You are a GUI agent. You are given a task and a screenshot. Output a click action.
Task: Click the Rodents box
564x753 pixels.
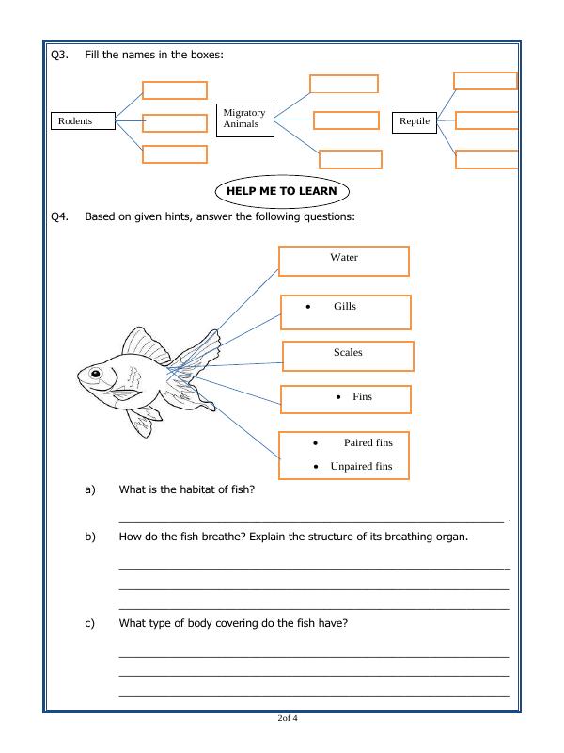83,120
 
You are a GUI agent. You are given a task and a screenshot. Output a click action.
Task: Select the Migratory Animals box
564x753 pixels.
244,119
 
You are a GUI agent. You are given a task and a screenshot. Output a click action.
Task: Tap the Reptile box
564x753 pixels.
415,121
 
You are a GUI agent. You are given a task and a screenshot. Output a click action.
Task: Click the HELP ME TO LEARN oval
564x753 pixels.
282,191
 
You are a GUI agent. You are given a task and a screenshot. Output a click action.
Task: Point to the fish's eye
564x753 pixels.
95,375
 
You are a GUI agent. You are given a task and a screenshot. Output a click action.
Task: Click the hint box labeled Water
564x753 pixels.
343,261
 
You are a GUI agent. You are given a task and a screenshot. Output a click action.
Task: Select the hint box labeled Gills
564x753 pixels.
345,312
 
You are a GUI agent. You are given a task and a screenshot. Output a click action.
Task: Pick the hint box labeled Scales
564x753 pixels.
348,355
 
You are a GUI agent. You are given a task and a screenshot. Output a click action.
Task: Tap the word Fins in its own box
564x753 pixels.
362,397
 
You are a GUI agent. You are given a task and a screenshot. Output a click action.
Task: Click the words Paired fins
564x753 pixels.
368,442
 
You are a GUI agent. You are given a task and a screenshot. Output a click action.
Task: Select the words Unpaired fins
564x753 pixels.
361,466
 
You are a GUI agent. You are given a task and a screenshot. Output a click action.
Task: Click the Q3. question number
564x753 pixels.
59,55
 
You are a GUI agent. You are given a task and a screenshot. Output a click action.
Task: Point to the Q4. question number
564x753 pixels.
59,216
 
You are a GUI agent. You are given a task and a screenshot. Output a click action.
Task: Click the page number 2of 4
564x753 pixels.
288,719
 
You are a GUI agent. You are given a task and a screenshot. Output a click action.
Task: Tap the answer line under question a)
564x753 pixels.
310,520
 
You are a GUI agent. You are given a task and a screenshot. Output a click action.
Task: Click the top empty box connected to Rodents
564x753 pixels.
174,90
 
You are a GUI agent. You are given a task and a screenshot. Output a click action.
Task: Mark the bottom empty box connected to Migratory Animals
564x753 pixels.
350,159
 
